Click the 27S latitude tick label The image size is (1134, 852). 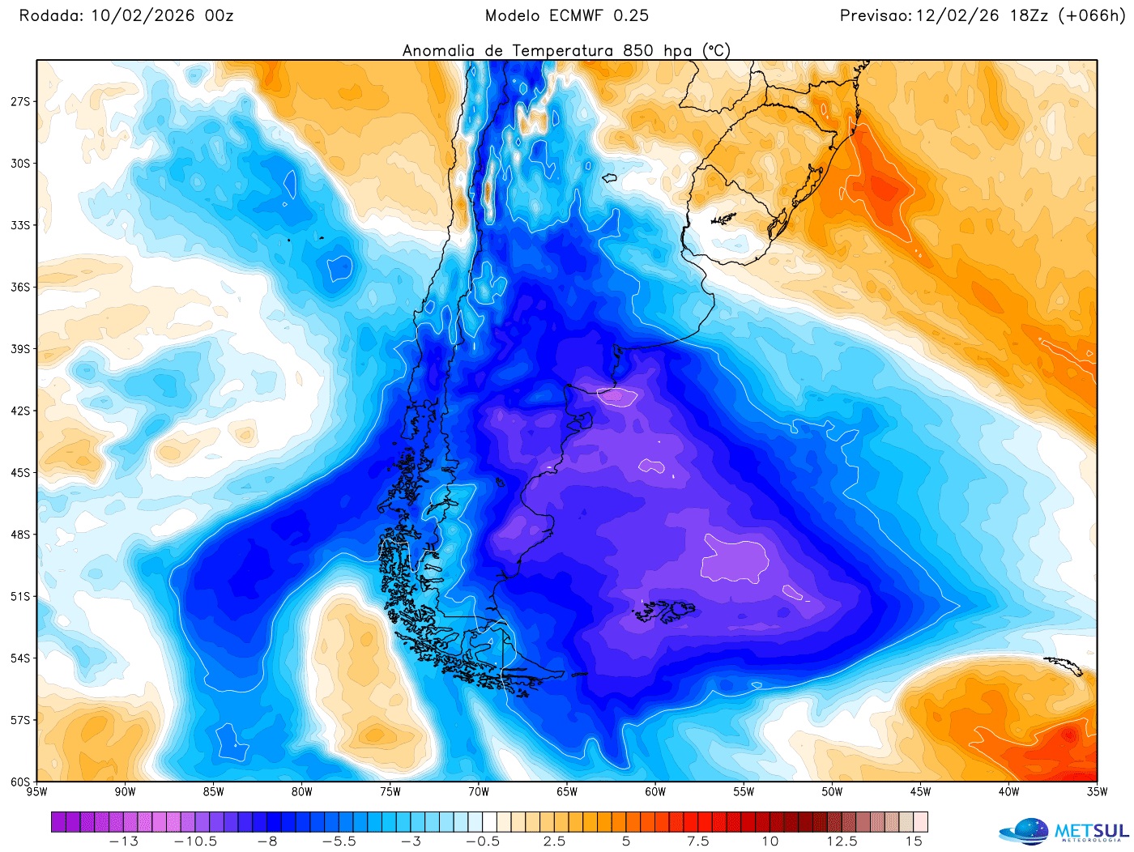pyautogui.click(x=20, y=101)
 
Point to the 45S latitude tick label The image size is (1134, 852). pyautogui.click(x=20, y=472)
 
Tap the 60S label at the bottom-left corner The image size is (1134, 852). pyautogui.click(x=20, y=782)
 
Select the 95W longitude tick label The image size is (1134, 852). pyautogui.click(x=36, y=792)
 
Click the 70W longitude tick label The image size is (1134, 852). pyautogui.click(x=478, y=792)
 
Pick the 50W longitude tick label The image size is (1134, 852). pyautogui.click(x=832, y=792)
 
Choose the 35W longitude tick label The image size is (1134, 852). pyautogui.click(x=1097, y=792)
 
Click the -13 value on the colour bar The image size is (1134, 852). pyautogui.click(x=123, y=841)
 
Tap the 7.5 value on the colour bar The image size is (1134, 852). pyautogui.click(x=698, y=841)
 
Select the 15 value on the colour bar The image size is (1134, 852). pyautogui.click(x=914, y=841)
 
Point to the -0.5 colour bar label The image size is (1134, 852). pyautogui.click(x=483, y=841)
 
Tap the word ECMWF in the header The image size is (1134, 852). pyautogui.click(x=577, y=15)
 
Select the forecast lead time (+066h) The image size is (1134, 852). pyautogui.click(x=1091, y=15)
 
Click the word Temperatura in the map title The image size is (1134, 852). pyautogui.click(x=562, y=51)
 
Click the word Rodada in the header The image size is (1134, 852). pyautogui.click(x=50, y=15)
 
